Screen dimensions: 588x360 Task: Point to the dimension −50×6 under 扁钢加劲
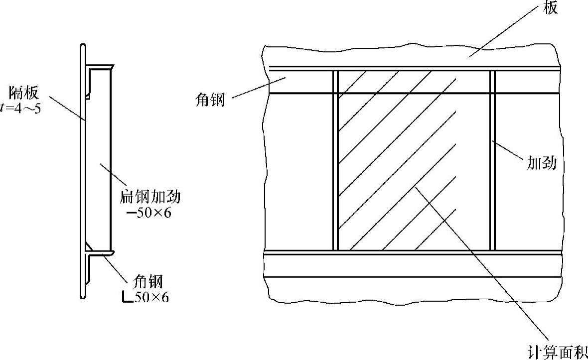pos(149,213)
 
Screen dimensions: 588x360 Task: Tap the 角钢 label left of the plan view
pos(210,100)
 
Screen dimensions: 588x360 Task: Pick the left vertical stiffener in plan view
pos(335,159)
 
